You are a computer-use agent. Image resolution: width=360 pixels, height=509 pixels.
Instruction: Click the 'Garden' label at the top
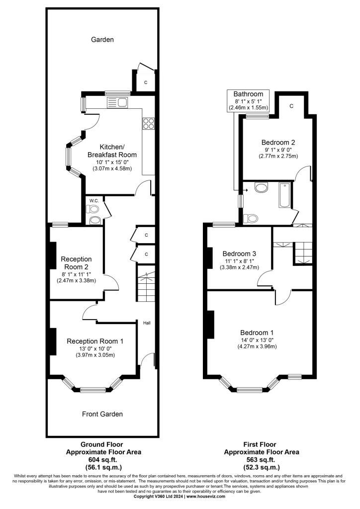102,40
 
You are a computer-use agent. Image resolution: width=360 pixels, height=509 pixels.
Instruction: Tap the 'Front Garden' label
102,414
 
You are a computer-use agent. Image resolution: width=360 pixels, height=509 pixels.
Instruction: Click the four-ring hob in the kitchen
148,123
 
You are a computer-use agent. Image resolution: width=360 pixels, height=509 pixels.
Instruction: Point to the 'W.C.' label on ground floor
92,201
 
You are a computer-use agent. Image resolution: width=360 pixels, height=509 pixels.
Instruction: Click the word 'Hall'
147,323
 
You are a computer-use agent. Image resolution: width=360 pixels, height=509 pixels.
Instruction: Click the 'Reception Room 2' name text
76,263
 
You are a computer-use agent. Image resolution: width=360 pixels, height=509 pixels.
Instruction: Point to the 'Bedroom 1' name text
258,333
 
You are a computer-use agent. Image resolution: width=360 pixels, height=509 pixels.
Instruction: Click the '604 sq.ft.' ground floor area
102,460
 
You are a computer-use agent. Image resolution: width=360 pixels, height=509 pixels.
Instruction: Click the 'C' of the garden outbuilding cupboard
146,83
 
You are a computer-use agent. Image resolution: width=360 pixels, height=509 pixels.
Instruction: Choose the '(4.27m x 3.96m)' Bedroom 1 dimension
258,347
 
